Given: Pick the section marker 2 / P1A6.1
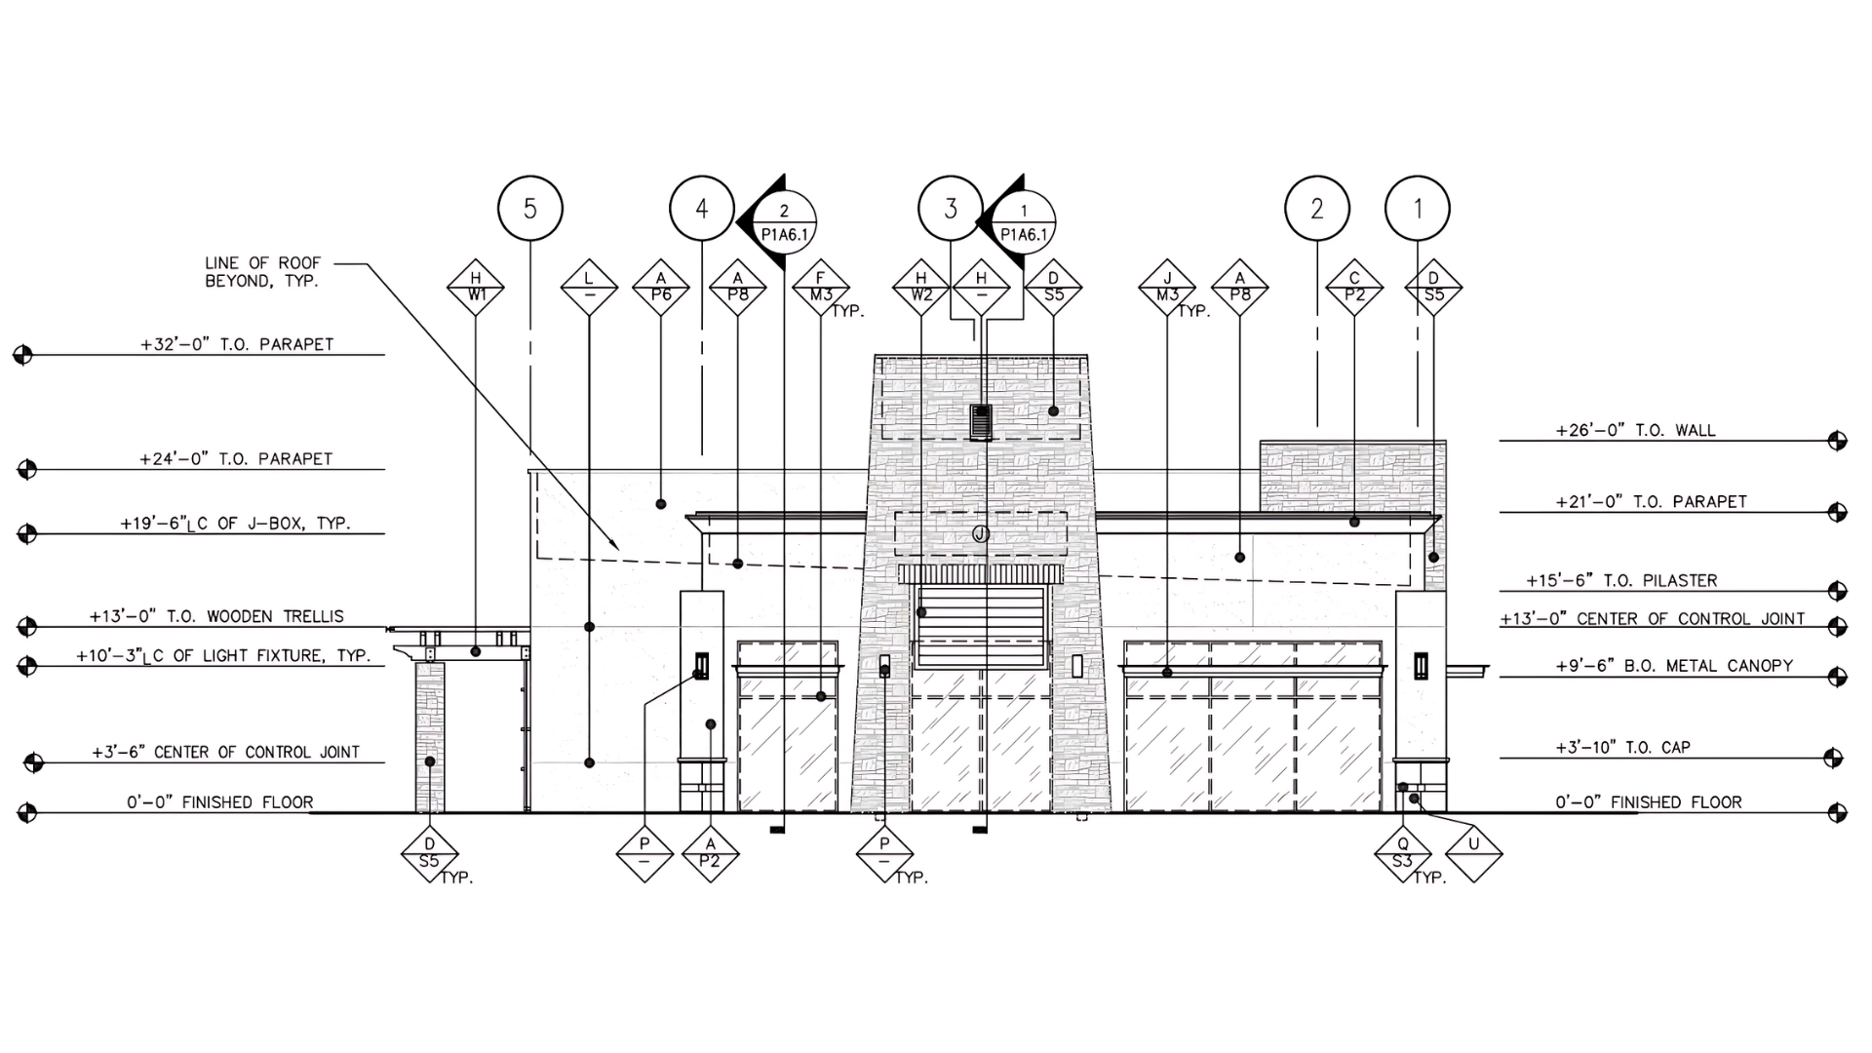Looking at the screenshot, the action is tap(778, 223).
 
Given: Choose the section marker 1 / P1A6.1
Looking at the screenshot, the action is tap(1018, 223).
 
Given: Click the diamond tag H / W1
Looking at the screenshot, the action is tap(476, 289).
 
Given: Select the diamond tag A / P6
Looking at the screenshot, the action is tap(661, 289).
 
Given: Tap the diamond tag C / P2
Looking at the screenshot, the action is tap(1354, 289).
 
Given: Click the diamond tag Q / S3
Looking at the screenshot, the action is tap(1403, 854).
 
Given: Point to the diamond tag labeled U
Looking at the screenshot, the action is tap(1473, 854).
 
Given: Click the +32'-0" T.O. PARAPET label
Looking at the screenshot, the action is tap(237, 344).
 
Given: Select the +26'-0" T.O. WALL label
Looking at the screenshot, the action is tap(1635, 430).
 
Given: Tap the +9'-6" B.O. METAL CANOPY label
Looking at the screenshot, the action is tap(1674, 666).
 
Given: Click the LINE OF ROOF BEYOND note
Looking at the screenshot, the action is tap(262, 272).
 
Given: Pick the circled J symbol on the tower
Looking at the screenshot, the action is tap(981, 533).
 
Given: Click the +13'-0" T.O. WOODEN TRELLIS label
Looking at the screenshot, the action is tap(216, 616).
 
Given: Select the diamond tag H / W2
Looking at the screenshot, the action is tap(921, 289).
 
